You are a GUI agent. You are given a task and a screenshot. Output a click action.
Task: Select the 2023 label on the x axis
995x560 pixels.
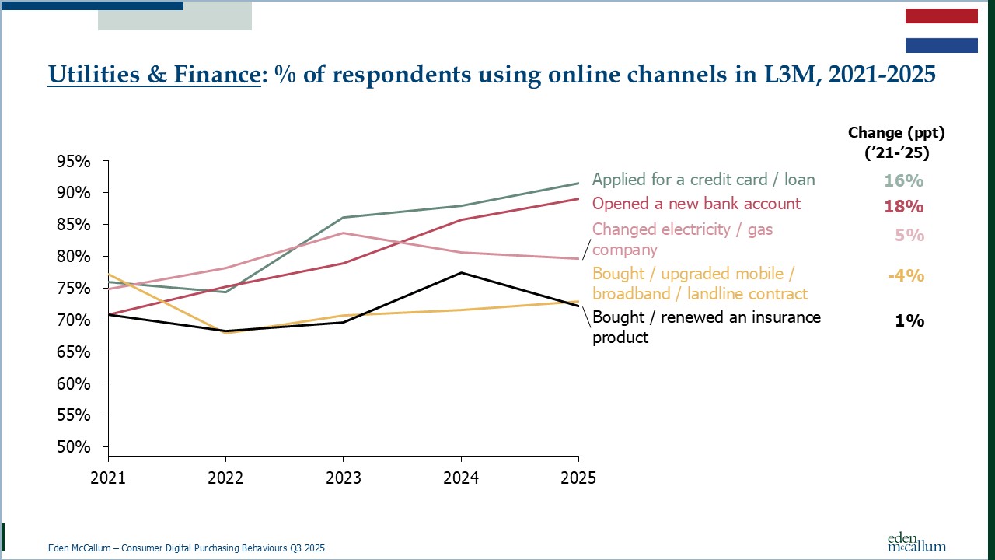tap(343, 478)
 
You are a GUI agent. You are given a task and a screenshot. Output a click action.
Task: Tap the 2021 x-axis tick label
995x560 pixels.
tap(107, 478)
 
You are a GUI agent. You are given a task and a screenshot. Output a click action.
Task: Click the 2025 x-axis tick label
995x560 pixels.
tap(578, 478)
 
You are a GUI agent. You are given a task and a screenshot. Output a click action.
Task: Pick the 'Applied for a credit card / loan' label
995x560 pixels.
tap(703, 180)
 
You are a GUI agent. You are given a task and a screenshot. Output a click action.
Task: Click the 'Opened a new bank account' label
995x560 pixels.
tap(696, 204)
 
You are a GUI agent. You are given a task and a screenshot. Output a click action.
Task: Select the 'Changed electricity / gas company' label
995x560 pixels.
tap(683, 239)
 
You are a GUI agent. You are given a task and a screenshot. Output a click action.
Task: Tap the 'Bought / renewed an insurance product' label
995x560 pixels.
tap(707, 327)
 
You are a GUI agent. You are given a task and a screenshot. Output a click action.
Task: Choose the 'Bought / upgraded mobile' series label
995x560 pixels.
tap(700, 283)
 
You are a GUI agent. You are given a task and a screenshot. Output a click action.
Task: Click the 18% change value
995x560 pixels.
tap(903, 207)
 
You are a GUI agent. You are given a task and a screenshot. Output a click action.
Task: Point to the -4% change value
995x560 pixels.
tap(906, 275)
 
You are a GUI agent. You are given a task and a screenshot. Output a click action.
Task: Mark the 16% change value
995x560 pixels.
tap(903, 180)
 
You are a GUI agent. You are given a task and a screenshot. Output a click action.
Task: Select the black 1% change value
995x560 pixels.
tap(909, 320)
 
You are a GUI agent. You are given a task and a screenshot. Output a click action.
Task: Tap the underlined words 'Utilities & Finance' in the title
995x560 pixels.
tap(153, 75)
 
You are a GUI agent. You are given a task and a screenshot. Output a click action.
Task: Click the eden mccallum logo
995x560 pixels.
tap(916, 542)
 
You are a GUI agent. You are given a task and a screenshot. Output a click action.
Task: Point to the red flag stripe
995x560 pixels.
tap(941, 16)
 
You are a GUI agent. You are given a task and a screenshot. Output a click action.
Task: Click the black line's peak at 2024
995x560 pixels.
tap(461, 272)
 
